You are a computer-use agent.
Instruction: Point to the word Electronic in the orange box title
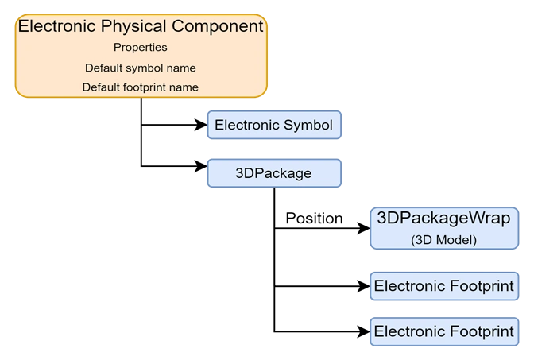pos(56,26)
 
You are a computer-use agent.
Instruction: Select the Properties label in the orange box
pos(140,47)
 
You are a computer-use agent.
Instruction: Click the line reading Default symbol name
pos(141,68)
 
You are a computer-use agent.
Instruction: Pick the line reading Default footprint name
pos(141,87)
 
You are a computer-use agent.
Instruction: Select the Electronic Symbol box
pos(275,125)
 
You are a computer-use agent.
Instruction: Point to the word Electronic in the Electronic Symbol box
pos(247,125)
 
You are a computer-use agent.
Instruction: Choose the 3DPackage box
pos(275,172)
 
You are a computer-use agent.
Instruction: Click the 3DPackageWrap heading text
pos(443,219)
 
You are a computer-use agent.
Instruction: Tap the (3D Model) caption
pos(443,239)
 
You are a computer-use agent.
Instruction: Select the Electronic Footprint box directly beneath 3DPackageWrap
pos(443,285)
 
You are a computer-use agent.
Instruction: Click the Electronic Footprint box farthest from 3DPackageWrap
pos(443,331)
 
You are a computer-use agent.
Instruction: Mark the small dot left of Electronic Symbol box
pos(205,125)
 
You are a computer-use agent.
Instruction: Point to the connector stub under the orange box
pos(141,100)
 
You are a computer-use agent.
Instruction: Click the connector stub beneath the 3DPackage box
pos(275,190)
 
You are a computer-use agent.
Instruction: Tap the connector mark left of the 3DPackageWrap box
pos(369,228)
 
